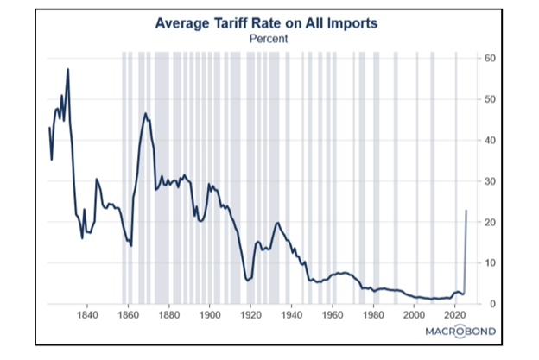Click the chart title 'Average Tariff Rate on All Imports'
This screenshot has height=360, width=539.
[266, 23]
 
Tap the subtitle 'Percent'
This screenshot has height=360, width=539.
[269, 39]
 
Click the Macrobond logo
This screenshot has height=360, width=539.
[460, 332]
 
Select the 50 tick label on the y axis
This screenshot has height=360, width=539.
[490, 99]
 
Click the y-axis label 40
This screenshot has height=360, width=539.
[490, 140]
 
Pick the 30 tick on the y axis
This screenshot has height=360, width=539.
[490, 181]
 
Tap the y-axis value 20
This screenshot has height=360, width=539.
[490, 222]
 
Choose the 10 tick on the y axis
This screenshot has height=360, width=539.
[490, 262]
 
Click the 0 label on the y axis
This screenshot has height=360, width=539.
[493, 304]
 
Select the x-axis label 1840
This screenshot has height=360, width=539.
[87, 314]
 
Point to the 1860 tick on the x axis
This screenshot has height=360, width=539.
[128, 314]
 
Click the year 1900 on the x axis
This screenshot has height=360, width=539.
[210, 314]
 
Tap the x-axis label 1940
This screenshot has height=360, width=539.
[291, 314]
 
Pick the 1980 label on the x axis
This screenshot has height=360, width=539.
[373, 314]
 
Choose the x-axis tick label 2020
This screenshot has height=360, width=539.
[454, 314]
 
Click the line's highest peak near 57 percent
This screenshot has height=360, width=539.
[67, 69]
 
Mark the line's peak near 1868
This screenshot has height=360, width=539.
[145, 113]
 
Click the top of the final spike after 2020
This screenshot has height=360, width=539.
[466, 211]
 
